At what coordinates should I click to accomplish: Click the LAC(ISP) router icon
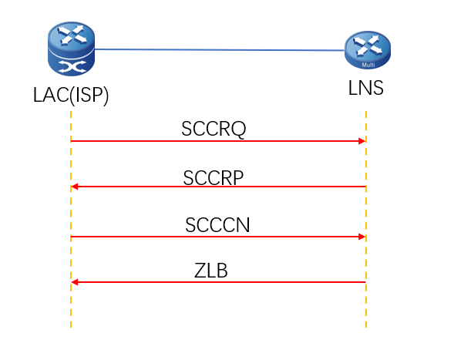pos(70,50)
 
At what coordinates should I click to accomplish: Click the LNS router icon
pos(367,52)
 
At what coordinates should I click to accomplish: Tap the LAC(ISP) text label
pos(70,96)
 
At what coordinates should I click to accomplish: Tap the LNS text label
pos(365,90)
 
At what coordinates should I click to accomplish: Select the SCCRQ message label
pos(214,129)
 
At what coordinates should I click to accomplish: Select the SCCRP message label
pos(214,177)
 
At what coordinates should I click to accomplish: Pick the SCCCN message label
pos(217,224)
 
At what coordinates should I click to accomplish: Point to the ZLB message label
pos(210,271)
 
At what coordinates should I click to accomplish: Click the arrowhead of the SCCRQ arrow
pos(361,141)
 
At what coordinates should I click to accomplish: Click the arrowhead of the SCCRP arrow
pos(76,187)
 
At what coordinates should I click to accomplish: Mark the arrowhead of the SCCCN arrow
pos(361,237)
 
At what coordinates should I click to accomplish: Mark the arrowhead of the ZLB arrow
pos(76,282)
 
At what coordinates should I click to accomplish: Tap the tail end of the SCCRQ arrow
pos(72,141)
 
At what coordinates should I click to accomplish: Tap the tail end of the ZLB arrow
pos(365,282)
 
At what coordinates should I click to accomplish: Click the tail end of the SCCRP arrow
pos(365,187)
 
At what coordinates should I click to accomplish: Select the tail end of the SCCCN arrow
pos(72,237)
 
